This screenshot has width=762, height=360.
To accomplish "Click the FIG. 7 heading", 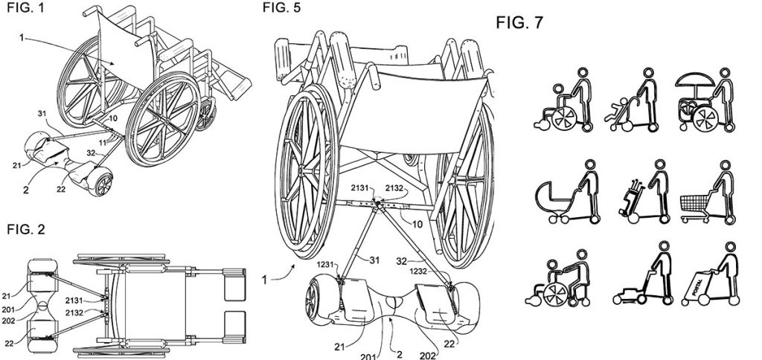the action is click(519, 22).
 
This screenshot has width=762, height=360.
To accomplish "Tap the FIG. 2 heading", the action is click(26, 229).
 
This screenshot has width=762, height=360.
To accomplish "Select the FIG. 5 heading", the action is click(281, 7).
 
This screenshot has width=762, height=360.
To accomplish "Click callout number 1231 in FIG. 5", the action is click(326, 266).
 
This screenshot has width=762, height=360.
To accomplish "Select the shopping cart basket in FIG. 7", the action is click(694, 204).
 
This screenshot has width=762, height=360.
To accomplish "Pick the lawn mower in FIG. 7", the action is click(630, 295).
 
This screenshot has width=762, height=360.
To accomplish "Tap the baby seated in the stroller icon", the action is click(614, 112).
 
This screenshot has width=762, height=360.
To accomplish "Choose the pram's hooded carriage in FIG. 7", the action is click(554, 197).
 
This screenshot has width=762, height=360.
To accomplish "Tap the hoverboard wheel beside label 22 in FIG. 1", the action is click(103, 184).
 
